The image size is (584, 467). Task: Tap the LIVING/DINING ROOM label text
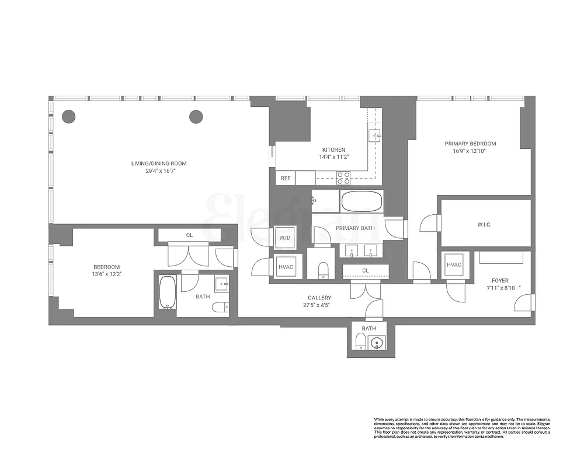click(159, 163)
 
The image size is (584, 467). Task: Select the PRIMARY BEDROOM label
click(470, 144)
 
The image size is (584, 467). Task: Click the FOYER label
click(500, 281)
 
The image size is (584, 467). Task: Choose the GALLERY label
click(319, 297)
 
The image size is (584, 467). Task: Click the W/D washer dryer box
click(285, 238)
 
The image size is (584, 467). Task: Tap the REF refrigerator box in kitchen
click(286, 178)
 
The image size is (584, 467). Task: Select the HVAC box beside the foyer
click(454, 265)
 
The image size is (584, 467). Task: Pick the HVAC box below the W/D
click(286, 267)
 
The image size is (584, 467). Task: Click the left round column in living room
click(69, 116)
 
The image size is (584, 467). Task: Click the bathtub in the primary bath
click(361, 202)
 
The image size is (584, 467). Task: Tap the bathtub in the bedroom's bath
click(168, 292)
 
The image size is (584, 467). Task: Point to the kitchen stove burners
click(343, 177)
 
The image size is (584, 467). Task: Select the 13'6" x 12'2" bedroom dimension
click(107, 273)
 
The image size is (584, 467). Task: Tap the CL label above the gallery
click(365, 270)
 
